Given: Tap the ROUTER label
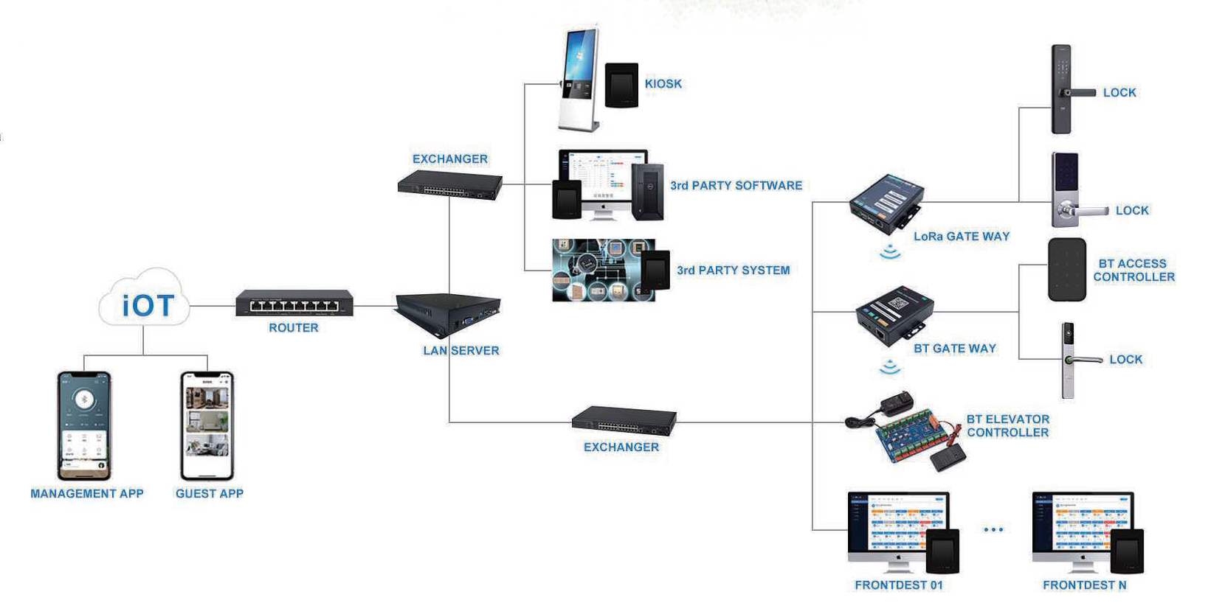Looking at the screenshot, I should pos(293,328).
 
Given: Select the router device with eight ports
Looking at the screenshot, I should pos(294,304).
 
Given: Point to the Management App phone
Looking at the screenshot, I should pos(84,425).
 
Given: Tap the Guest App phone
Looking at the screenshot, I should pos(207,425).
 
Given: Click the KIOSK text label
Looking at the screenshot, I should pos(663,84).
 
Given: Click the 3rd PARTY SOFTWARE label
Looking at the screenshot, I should pos(736,186).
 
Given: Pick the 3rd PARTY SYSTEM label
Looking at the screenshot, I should pos(733,271).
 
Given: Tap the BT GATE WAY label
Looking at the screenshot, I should pos(954,349).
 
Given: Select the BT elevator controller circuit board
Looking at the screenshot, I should pos(906,436).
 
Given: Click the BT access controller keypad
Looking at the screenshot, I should pos(1066,269).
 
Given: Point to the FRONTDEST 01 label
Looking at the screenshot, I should pos(898,585).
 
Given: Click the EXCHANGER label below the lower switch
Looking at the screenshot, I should pos(621,447).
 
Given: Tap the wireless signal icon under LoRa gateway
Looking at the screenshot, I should pos(891,252).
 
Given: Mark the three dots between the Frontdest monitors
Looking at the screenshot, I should pos(993,529).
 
